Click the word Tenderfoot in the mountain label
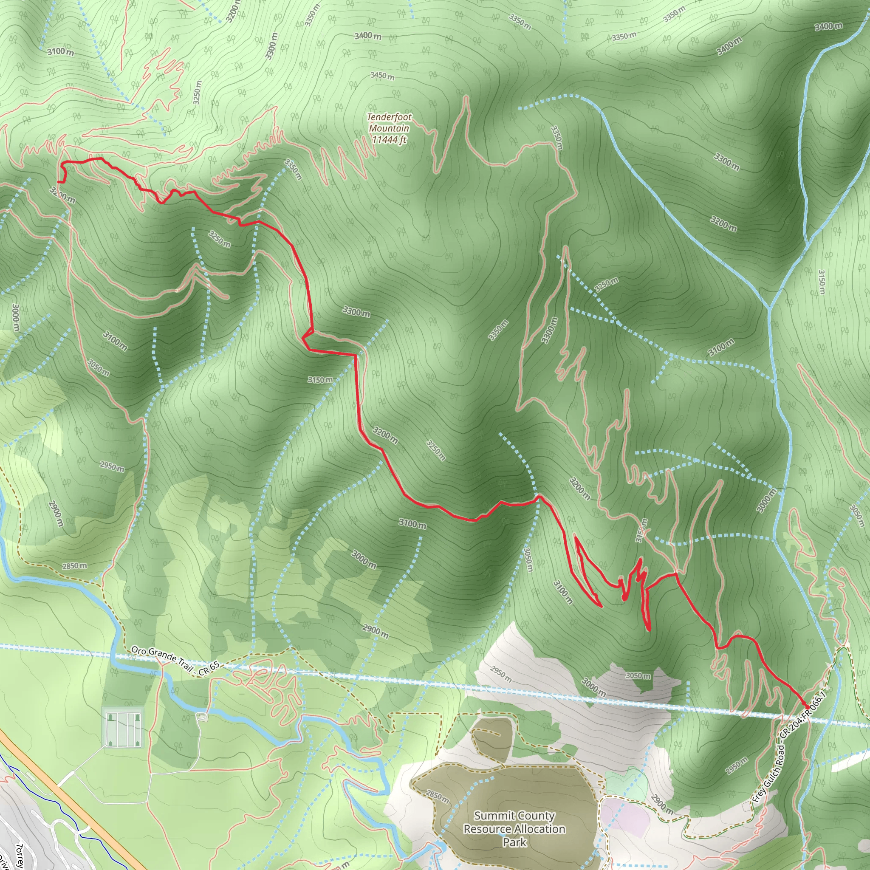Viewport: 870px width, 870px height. [389, 117]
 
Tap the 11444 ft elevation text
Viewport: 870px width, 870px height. [389, 140]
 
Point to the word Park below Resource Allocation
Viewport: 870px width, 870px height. [514, 842]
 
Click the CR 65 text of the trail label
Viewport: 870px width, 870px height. [208, 668]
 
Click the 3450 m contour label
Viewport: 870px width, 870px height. [382, 76]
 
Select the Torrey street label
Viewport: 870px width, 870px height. [20, 856]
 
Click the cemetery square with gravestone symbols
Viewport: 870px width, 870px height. [122, 727]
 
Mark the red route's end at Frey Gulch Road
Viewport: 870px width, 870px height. [807, 707]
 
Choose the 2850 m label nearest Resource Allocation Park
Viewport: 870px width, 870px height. [437, 795]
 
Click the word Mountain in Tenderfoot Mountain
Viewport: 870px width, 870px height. [389, 128]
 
